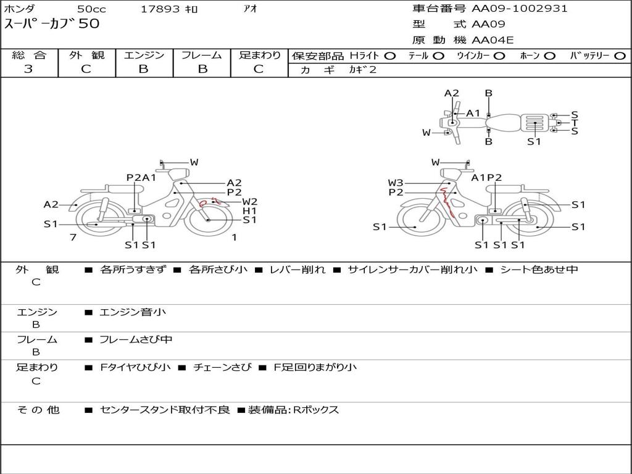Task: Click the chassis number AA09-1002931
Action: (x=520, y=9)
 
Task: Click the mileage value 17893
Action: (x=160, y=9)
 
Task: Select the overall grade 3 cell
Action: (x=28, y=69)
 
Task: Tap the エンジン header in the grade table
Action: (x=144, y=55)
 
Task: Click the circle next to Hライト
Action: (x=390, y=56)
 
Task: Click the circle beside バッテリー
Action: (x=620, y=56)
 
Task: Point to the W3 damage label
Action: (x=396, y=183)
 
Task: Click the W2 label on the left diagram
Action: (x=249, y=202)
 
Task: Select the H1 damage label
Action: (x=249, y=210)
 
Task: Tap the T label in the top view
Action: (x=575, y=123)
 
